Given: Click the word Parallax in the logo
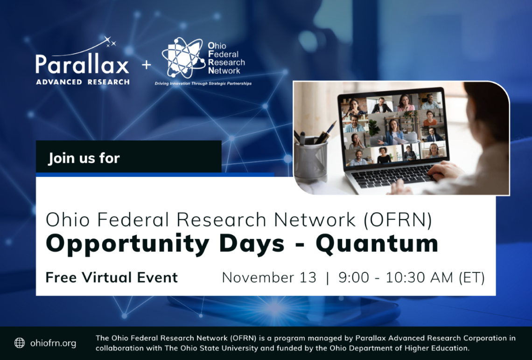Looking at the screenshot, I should (82, 65).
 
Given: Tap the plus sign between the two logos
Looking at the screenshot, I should (147, 65).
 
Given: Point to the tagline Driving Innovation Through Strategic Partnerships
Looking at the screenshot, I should (203, 83).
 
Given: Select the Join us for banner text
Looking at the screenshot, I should (84, 158).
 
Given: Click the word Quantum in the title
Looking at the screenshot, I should (377, 243).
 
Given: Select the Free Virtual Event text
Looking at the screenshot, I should (112, 277).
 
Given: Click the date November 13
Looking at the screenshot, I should (269, 277).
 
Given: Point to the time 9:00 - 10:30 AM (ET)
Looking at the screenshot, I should (411, 277).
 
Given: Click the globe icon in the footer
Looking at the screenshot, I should (20, 343).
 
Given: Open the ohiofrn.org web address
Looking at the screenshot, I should (53, 343).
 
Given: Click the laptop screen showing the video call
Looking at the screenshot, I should (393, 129).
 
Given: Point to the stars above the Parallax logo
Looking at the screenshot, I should (111, 43).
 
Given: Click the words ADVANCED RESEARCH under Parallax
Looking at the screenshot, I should (82, 82).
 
